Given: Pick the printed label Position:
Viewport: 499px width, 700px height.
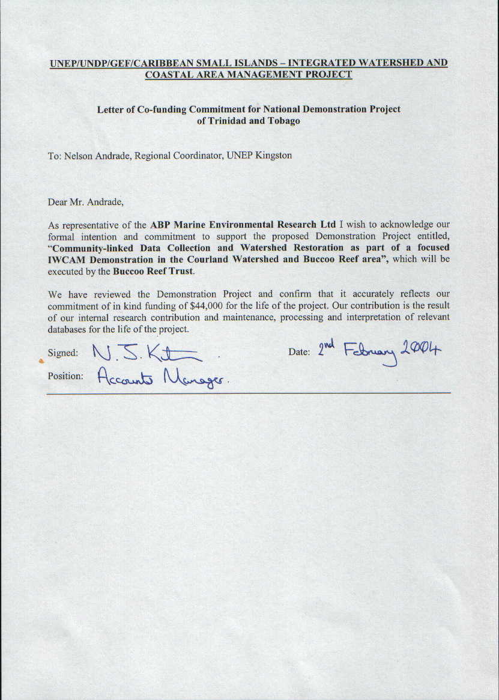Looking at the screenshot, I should pyautogui.click(x=65, y=376).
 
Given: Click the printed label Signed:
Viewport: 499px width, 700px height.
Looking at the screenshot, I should pyautogui.click(x=62, y=353).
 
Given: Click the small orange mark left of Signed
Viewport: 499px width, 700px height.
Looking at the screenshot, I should pyautogui.click(x=41, y=361).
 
